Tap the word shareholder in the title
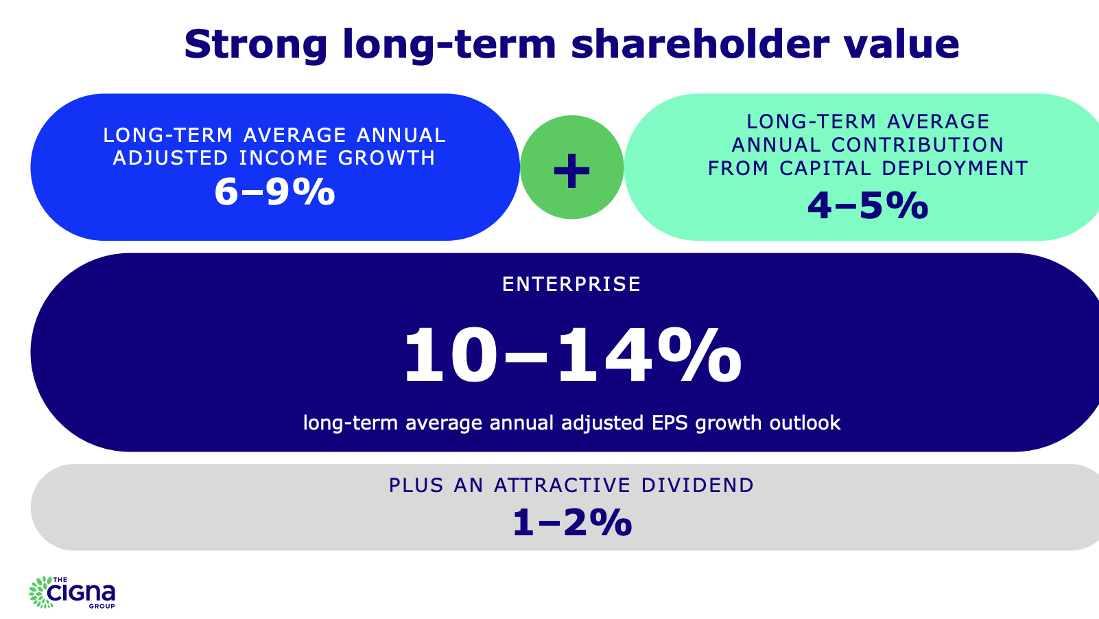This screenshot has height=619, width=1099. pyautogui.click(x=700, y=44)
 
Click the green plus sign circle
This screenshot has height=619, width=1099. pyautogui.click(x=571, y=167)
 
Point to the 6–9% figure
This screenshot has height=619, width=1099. pyautogui.click(x=274, y=191)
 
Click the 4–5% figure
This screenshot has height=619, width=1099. pyautogui.click(x=868, y=205)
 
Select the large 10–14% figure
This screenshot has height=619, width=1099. pyautogui.click(x=572, y=355)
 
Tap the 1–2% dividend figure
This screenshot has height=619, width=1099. pyautogui.click(x=572, y=522)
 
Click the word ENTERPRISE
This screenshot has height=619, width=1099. pyautogui.click(x=571, y=284)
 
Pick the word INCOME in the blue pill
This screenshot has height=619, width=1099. pyautogui.click(x=283, y=158)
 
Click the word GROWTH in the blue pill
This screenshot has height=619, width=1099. pyautogui.click(x=387, y=158)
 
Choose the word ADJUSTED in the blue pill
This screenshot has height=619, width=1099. pyautogui.click(x=171, y=158)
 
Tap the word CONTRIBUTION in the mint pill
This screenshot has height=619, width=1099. pyautogui.click(x=917, y=145)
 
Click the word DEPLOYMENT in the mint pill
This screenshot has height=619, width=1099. pyautogui.click(x=955, y=168)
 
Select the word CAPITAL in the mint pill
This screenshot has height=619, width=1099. pyautogui.click(x=825, y=168)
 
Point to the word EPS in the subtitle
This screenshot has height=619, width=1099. pyautogui.click(x=670, y=423)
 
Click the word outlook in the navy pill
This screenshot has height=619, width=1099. pyautogui.click(x=805, y=423)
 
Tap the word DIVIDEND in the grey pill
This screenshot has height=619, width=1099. pyautogui.click(x=697, y=485)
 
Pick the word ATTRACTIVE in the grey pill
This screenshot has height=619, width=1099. pyautogui.click(x=563, y=485)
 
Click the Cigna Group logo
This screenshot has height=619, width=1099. pyautogui.click(x=72, y=592)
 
